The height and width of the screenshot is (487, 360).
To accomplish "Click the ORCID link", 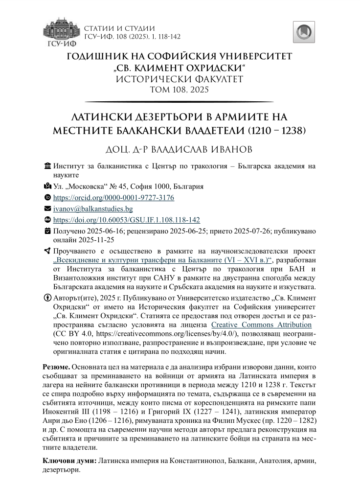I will tap(113, 198).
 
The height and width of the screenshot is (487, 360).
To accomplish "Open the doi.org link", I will tap(126, 220).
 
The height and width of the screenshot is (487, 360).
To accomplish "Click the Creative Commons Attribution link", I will tap(261, 325).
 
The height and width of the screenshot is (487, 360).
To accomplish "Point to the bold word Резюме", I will tap(56, 366).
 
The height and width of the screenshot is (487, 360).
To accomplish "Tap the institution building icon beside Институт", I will tap(47, 166).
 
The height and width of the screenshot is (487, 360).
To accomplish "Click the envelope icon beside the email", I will tap(47, 209).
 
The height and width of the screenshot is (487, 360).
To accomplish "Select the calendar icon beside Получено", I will tap(47, 231).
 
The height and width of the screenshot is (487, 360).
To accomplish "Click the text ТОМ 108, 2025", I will tap(180, 90).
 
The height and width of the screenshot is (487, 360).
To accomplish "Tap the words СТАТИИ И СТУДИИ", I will tap(120, 28).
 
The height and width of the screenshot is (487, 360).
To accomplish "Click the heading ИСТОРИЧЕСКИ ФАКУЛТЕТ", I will tap(180, 79).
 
